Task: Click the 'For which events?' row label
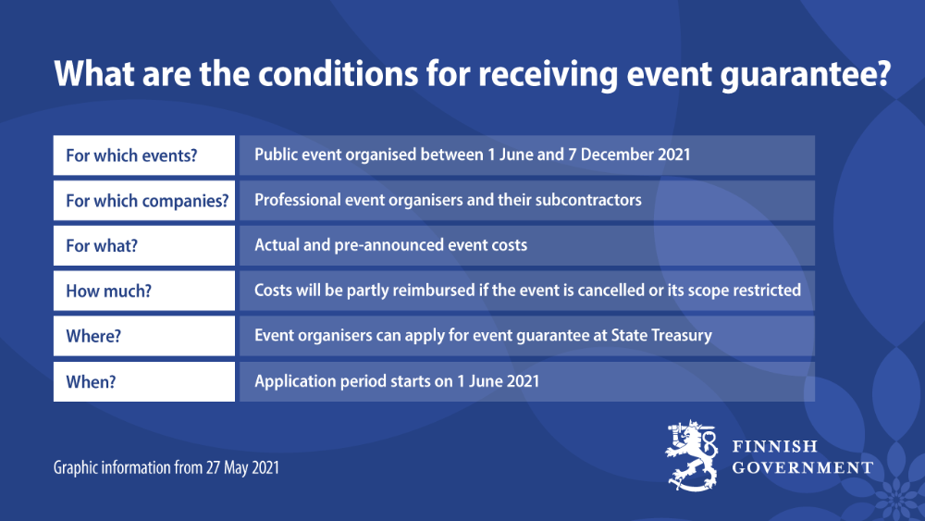point(131,155)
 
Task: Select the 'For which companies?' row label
point(147,201)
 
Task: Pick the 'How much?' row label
point(108,291)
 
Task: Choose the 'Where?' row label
point(93,336)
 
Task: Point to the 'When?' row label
point(91,381)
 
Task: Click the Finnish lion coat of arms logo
point(693,455)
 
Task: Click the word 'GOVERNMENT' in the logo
point(802,467)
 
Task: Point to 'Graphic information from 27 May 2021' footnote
point(166,468)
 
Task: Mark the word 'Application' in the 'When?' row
point(294,381)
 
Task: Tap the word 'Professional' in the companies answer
point(297,200)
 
